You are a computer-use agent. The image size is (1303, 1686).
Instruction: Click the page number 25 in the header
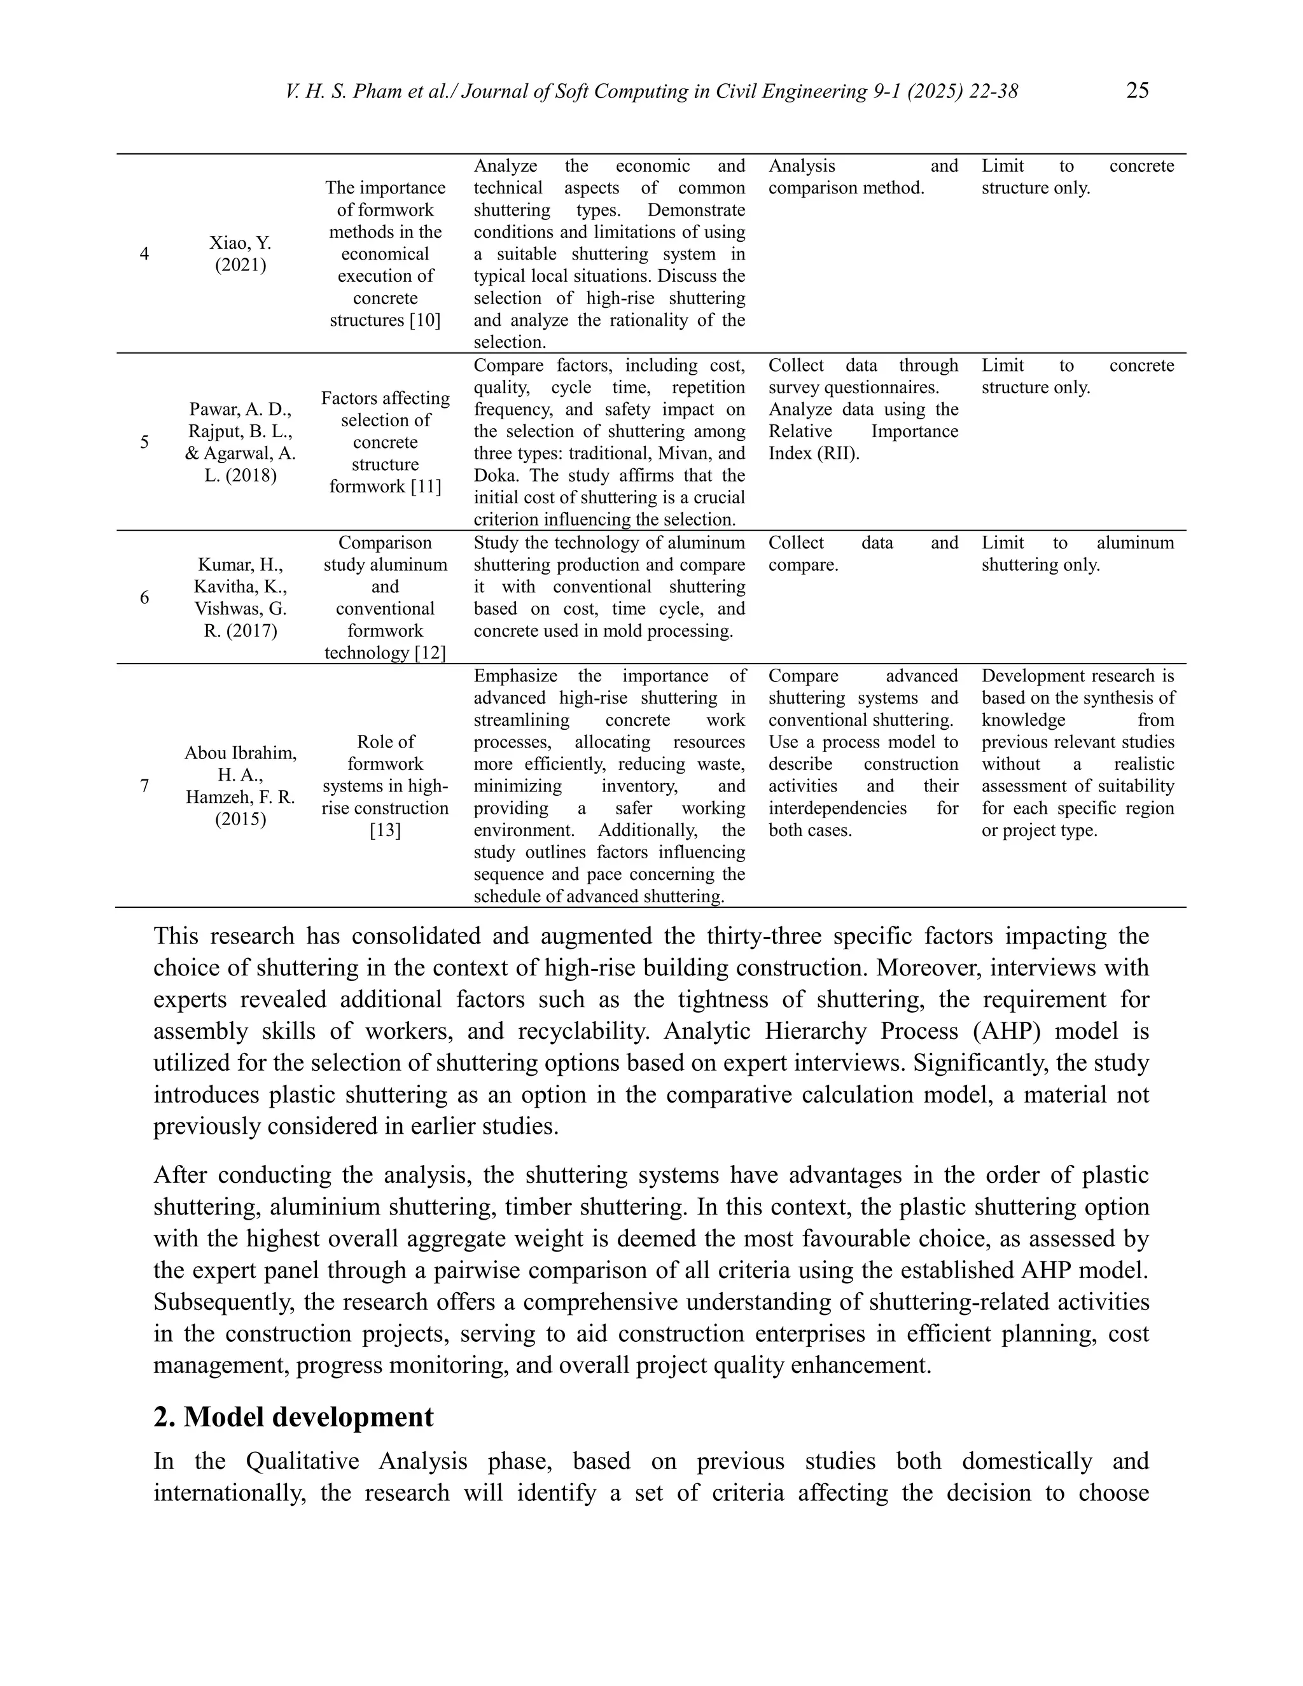pyautogui.click(x=1137, y=91)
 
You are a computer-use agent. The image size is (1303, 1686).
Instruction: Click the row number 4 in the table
pyautogui.click(x=144, y=254)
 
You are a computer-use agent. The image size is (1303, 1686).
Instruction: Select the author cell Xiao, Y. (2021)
pyautogui.click(x=240, y=254)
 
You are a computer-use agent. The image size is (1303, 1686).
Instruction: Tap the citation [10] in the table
pyautogui.click(x=423, y=321)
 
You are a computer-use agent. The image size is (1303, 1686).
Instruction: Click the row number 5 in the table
pyautogui.click(x=144, y=442)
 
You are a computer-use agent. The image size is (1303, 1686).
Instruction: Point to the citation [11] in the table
pyautogui.click(x=424, y=486)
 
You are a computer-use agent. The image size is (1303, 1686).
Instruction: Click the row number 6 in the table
pyautogui.click(x=144, y=597)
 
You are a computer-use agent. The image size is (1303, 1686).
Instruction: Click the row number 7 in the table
pyautogui.click(x=144, y=786)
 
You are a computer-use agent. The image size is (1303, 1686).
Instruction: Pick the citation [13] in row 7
pyautogui.click(x=385, y=831)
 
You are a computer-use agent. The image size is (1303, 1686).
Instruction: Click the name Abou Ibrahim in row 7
pyautogui.click(x=240, y=753)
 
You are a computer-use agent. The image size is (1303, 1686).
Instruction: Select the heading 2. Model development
pyautogui.click(x=293, y=1417)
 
